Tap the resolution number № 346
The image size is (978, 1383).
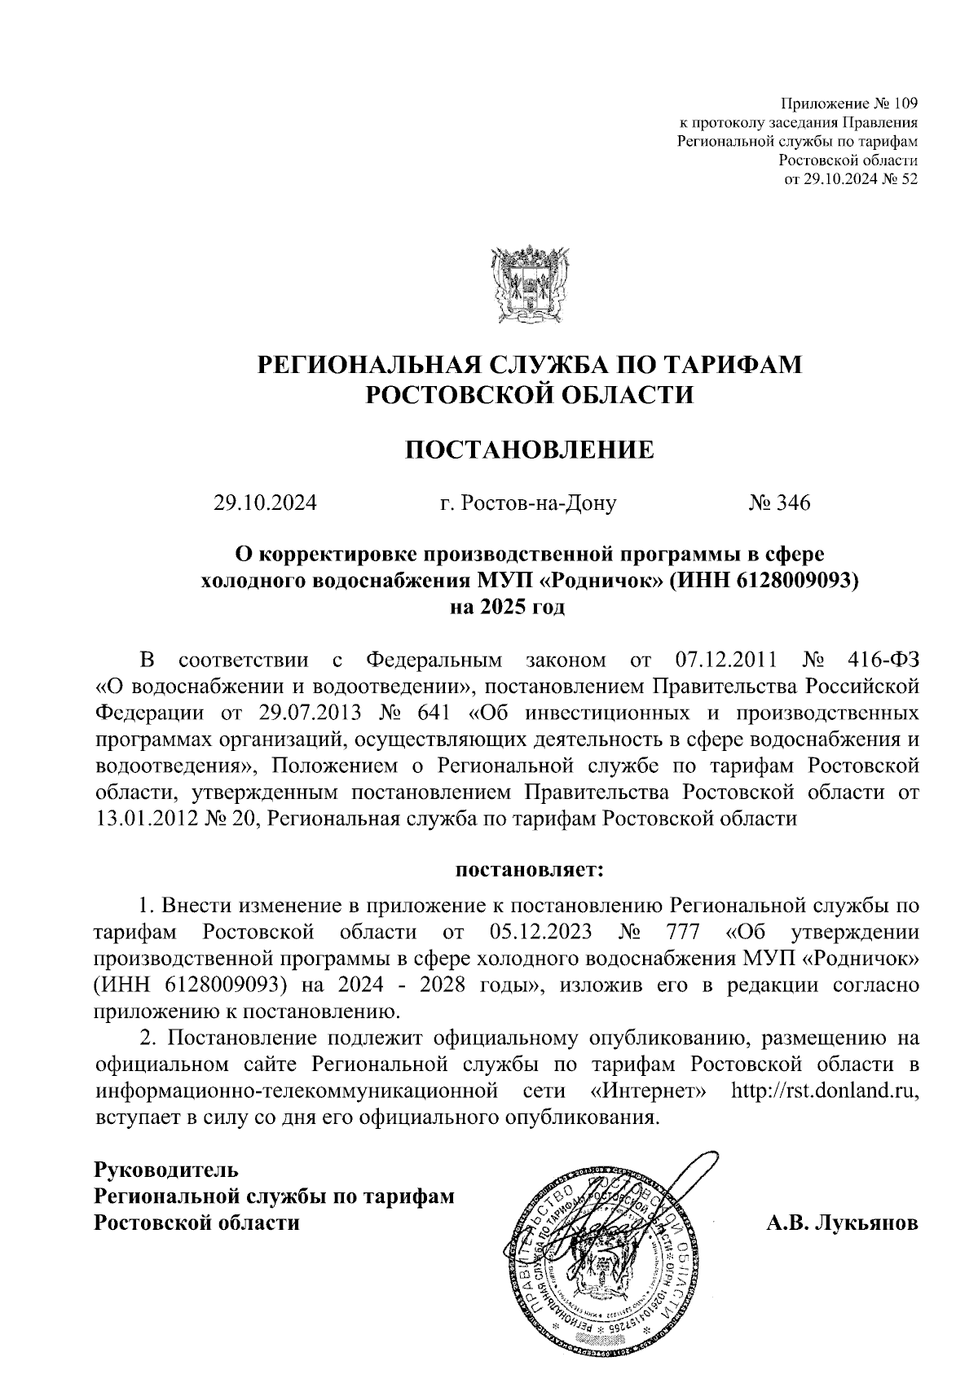pyautogui.click(x=779, y=503)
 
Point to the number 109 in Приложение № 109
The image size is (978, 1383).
pyautogui.click(x=905, y=103)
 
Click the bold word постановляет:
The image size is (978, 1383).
pyautogui.click(x=530, y=871)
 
